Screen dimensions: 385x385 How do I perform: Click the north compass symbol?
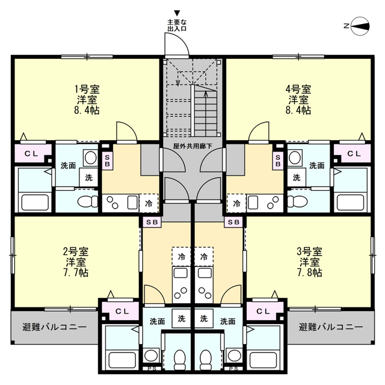click(x=360, y=26)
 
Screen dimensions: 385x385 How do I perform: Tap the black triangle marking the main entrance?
click(x=177, y=13)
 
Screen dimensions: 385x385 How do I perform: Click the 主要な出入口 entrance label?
click(x=177, y=25)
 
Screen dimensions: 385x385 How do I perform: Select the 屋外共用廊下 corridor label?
click(x=192, y=146)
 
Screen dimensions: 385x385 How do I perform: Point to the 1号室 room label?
click(x=87, y=90)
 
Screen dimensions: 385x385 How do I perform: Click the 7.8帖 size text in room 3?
click(x=309, y=273)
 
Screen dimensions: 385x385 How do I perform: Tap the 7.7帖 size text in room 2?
click(x=76, y=273)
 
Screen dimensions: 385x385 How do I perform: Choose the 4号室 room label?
click(x=298, y=90)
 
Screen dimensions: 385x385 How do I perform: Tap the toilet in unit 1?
click(x=88, y=202)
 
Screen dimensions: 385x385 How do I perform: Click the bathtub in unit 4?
click(x=351, y=202)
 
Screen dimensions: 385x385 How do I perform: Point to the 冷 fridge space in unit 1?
click(x=149, y=203)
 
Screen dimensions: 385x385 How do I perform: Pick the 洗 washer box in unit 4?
click(x=297, y=177)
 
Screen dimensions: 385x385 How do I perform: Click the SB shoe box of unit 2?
click(x=152, y=222)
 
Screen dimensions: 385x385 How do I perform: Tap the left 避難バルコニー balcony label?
click(x=54, y=327)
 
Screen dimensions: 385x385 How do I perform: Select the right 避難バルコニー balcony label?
click(x=330, y=327)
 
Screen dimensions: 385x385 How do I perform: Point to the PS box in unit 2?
click(x=152, y=368)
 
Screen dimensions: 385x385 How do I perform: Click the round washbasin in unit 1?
click(x=90, y=158)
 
